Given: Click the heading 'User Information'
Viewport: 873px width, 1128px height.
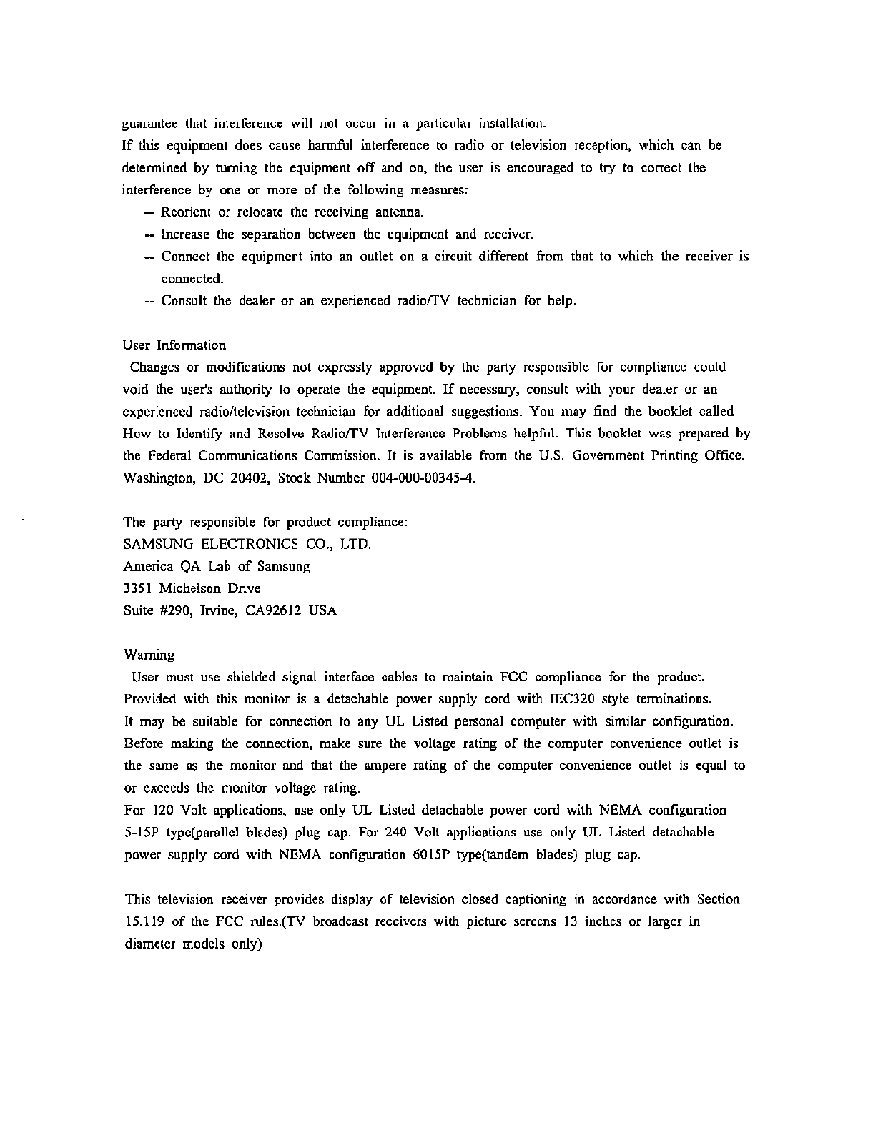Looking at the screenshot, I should point(174,345).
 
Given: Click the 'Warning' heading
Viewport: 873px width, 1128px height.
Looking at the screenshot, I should point(149,655).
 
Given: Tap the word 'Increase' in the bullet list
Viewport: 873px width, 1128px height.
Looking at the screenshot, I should point(185,234).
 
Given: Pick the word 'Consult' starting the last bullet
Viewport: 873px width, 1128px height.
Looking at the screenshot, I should point(184,301).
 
